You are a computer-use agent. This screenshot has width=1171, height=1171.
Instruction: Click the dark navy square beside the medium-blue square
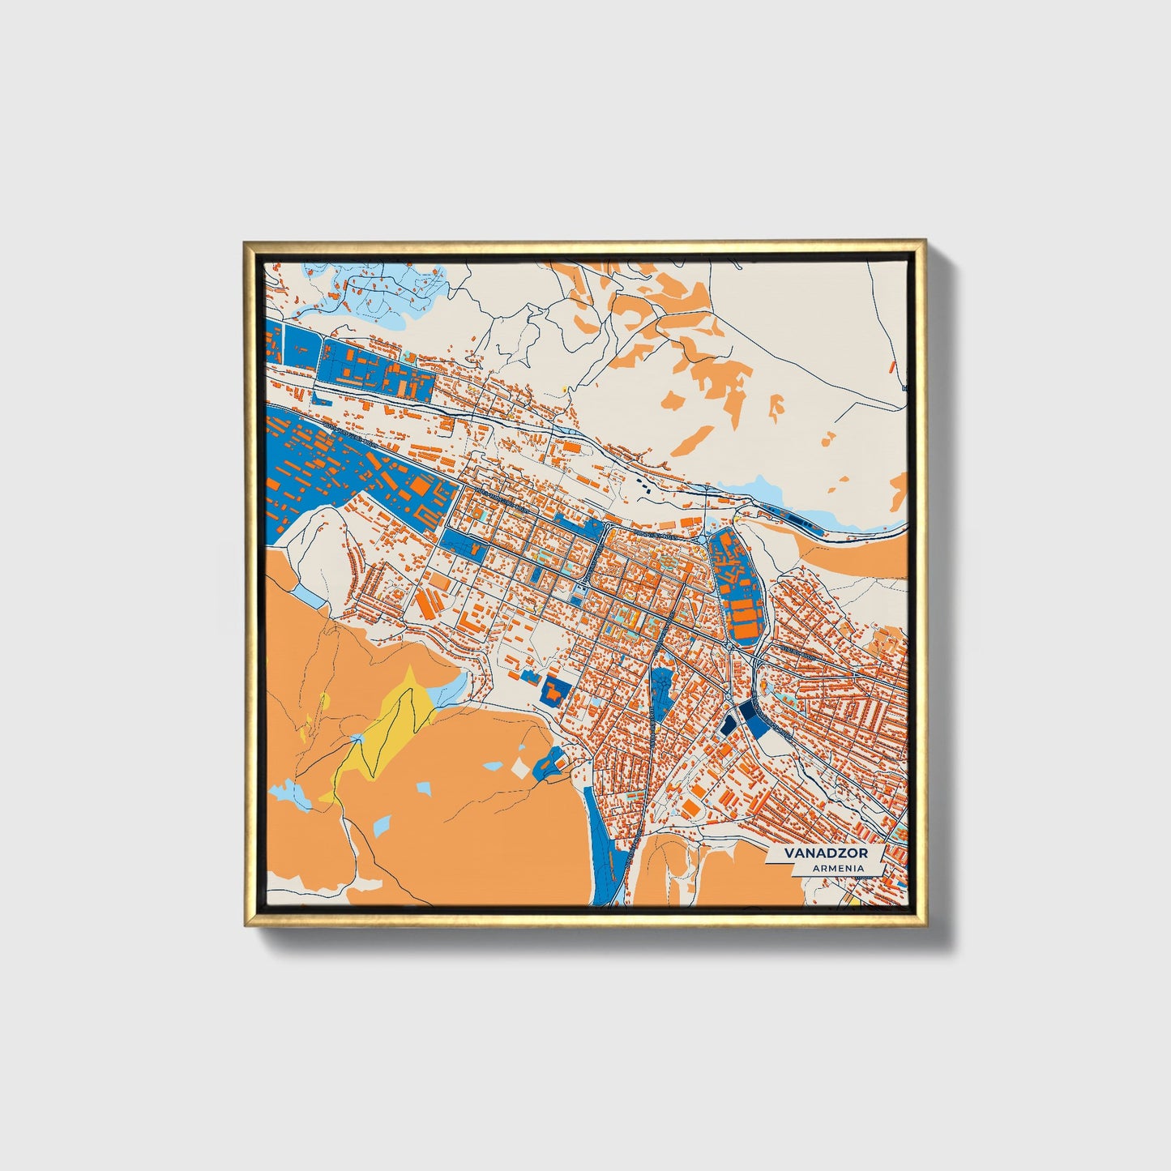729,722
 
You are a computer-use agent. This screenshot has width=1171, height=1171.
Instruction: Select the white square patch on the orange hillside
519,768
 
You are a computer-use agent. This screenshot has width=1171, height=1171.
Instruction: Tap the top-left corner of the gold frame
246,243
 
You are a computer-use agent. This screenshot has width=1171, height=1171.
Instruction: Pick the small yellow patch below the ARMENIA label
853,900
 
